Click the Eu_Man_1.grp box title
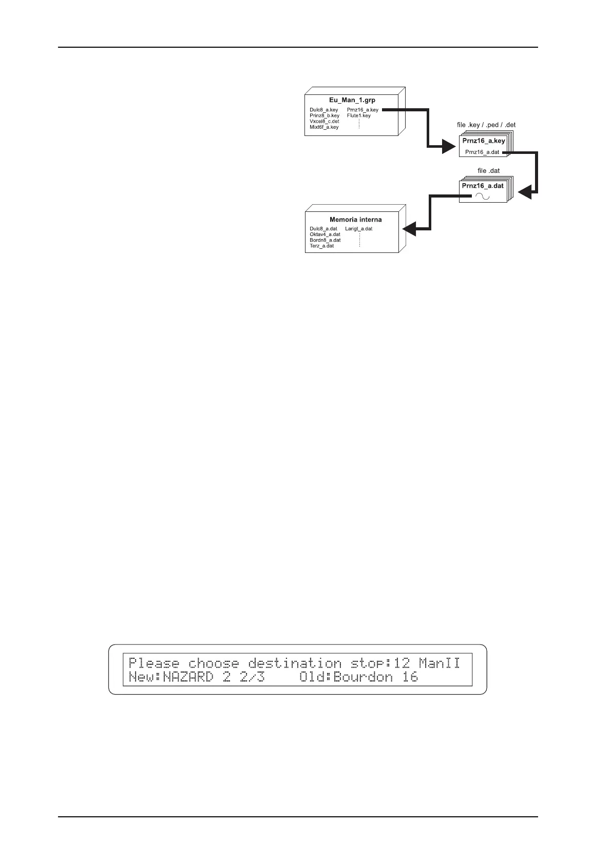click(352, 100)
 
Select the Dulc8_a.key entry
click(324, 110)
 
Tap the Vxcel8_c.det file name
click(324, 121)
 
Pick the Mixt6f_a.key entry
click(324, 127)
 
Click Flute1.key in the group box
click(358, 115)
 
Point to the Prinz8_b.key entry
click(324, 115)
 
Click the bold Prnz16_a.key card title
click(484, 141)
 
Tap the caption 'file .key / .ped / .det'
click(486, 125)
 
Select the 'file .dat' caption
click(488, 171)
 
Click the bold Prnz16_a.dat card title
click(483, 186)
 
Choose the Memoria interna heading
click(355, 220)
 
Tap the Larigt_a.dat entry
click(359, 229)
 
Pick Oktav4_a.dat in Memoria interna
click(325, 234)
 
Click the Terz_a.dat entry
click(322, 246)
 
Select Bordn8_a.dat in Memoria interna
click(325, 240)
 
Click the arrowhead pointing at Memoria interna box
click(409, 229)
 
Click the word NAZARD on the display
click(188, 677)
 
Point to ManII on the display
click(440, 663)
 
